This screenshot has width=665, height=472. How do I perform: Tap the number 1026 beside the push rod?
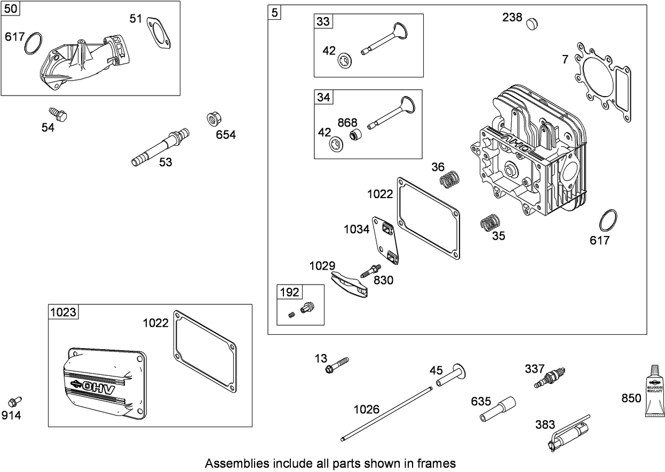point(366,410)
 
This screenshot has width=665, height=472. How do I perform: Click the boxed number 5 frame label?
point(274,12)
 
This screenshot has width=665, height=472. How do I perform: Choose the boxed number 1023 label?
point(63,312)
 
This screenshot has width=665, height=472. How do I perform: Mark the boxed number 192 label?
point(289,292)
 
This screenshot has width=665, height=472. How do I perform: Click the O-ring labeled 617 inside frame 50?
point(34,43)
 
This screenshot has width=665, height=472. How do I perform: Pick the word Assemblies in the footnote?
point(230,463)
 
